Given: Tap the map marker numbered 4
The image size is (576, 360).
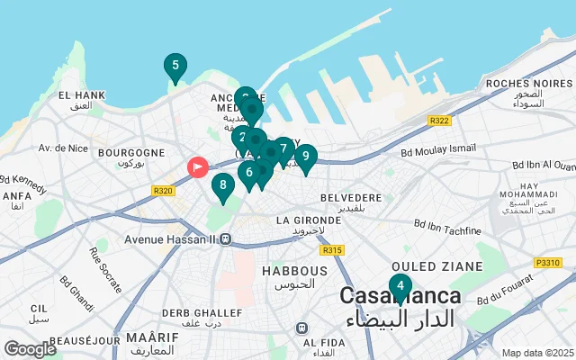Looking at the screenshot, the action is coord(400,287).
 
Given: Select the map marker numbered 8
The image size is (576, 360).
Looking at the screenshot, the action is coord(223,186).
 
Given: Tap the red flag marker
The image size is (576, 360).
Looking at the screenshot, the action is coord(197,166).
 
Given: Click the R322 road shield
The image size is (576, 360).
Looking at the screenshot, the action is coord(440,121).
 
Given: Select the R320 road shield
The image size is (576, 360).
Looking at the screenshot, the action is coord(163,190).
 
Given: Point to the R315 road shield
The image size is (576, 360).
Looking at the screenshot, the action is coord(332,249).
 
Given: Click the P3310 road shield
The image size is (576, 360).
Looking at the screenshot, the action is coord(547,263).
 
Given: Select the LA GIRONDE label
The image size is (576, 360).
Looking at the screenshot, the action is coord(309,220).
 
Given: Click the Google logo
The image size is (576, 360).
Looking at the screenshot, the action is coord(30,349).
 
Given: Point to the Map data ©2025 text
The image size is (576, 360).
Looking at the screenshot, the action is coord(537,353).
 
